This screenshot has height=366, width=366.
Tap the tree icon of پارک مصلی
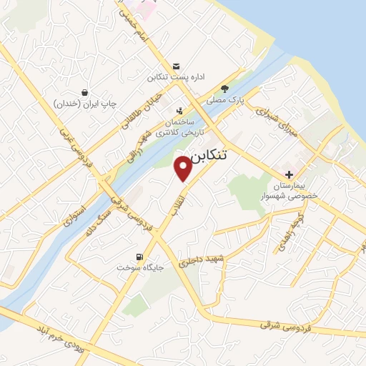tap(225, 89)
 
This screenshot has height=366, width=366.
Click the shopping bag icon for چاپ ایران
tap(85, 92)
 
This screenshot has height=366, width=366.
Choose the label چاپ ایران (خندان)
tap(85, 104)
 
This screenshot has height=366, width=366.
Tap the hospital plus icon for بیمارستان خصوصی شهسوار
tap(289, 175)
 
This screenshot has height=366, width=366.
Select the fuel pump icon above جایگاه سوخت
tap(138, 257)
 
